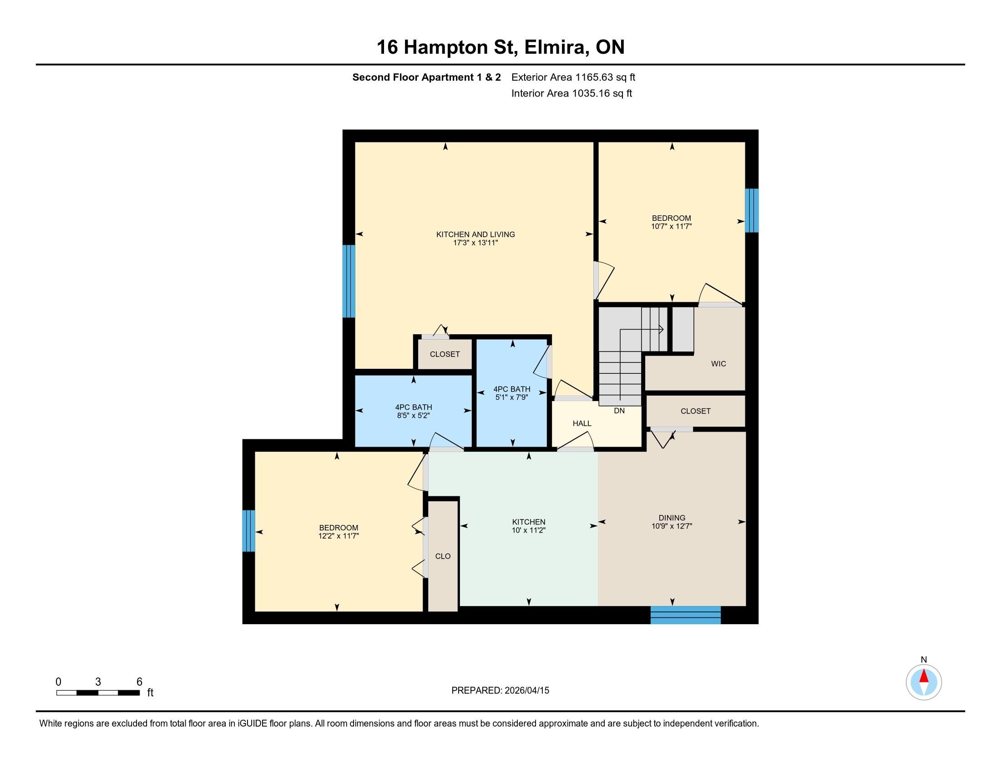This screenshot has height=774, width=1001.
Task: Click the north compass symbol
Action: (924, 682)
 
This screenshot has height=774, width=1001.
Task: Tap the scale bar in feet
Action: (98, 693)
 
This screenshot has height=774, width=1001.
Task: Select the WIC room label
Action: (718, 364)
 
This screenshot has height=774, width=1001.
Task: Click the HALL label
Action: (581, 423)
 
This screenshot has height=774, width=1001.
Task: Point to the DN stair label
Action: (619, 411)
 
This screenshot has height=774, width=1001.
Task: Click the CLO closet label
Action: (443, 556)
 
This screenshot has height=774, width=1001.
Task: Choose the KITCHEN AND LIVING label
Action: (475, 234)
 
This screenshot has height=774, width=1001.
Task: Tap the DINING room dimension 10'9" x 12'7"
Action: (672, 526)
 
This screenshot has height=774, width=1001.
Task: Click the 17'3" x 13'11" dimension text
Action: (475, 243)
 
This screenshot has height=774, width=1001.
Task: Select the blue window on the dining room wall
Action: (686, 615)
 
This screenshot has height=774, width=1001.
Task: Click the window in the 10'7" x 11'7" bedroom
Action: (752, 210)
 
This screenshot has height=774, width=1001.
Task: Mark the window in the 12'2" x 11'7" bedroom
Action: (248, 530)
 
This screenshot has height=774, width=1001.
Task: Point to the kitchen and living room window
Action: (349, 281)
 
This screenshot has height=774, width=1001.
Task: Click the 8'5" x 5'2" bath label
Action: (414, 411)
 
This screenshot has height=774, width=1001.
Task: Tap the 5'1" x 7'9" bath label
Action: (512, 393)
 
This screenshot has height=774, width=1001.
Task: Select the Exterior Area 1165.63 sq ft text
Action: (573, 77)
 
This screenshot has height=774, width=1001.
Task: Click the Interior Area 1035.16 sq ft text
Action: (571, 93)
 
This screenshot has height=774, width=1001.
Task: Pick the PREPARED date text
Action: (500, 691)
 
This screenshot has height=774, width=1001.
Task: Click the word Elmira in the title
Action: (557, 47)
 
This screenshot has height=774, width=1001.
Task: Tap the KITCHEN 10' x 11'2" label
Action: (528, 526)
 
